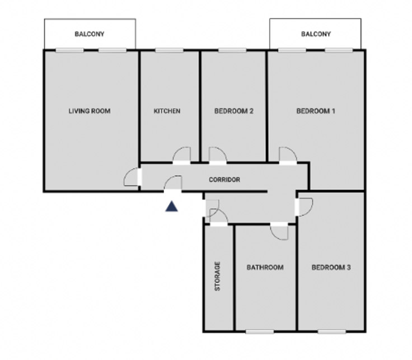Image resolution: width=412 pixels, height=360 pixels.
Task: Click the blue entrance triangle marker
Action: point(172,207)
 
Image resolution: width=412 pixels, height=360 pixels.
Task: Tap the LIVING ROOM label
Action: point(90,111)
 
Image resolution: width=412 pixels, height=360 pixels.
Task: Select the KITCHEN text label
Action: point(167,111)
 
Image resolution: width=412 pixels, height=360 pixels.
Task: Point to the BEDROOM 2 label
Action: point(234,111)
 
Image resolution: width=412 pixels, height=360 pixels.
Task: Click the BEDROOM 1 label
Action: point(316,111)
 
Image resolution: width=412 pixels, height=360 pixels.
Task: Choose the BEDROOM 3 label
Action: point(331,268)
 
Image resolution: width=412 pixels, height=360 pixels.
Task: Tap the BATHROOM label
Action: point(265,268)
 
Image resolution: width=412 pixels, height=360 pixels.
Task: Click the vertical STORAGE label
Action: point(218,276)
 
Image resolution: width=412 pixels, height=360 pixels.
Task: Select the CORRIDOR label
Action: point(224,180)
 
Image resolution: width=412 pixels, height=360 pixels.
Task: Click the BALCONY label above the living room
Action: point(90,34)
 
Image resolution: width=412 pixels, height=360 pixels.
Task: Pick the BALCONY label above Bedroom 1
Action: point(316,34)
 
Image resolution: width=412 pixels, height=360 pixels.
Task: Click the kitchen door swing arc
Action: point(176,151)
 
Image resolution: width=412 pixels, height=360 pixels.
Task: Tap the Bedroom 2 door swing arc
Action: point(223,151)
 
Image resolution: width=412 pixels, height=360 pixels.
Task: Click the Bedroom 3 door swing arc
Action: point(309,212)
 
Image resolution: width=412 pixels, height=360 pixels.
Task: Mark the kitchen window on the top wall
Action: point(169,50)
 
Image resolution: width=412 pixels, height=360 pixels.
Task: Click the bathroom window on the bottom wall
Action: point(260,332)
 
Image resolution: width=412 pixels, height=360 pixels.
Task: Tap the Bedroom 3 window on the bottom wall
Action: point(331,332)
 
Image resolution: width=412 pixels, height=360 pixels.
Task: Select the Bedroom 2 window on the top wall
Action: point(232,50)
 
